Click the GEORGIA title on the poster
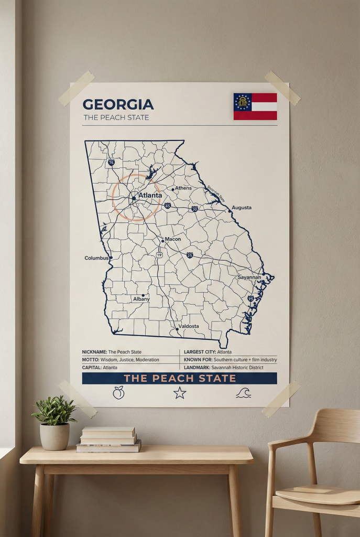[x=118, y=104]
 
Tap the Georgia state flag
[x=255, y=106]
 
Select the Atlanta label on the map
[x=150, y=195]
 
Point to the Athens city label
[x=183, y=188]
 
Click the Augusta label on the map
[x=242, y=207]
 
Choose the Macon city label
[x=173, y=239]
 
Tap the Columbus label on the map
[x=96, y=258]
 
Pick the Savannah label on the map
[x=249, y=277]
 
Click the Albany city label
[x=141, y=299]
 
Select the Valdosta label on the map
[x=189, y=326]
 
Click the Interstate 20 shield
[x=194, y=209]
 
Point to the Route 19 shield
[x=158, y=254]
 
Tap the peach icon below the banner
[x=119, y=392]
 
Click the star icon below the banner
[x=180, y=392]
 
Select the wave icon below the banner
[x=243, y=393]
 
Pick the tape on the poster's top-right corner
[x=282, y=88]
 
